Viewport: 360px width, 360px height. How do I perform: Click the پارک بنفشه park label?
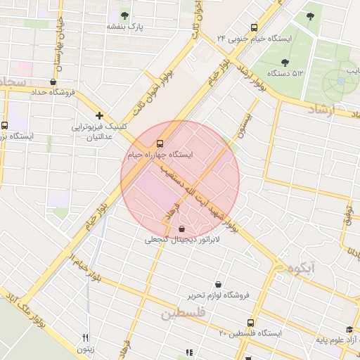click(x=124, y=27)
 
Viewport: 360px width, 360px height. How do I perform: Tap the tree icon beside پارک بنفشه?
click(x=124, y=15)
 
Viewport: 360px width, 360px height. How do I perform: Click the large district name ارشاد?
click(x=328, y=109)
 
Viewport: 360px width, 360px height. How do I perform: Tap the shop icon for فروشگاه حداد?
click(x=54, y=82)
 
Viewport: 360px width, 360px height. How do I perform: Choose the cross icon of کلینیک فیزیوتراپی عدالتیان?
click(x=100, y=115)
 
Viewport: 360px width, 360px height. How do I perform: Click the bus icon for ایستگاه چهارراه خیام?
click(x=161, y=141)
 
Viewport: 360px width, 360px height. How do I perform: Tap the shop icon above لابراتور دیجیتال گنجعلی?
click(x=183, y=229)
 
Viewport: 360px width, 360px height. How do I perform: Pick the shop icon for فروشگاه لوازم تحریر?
click(x=218, y=284)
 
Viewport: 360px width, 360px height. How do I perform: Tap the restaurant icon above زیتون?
click(x=86, y=337)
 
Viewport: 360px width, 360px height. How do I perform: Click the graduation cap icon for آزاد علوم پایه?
click(x=349, y=329)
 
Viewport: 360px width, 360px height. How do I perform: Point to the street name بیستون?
click(x=245, y=123)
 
